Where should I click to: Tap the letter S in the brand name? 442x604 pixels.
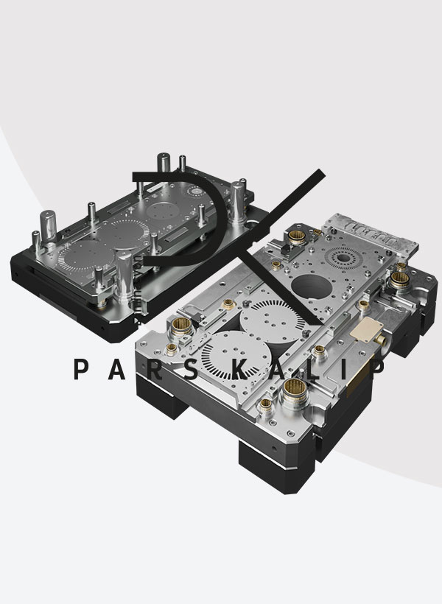[192, 369]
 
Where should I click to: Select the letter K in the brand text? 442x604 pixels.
[239, 369]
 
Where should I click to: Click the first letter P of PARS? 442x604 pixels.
[81, 369]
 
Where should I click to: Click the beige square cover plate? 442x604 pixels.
[366, 329]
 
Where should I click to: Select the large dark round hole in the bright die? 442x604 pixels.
[312, 287]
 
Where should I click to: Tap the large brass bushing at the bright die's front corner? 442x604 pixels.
[295, 390]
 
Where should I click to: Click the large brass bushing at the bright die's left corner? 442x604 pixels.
[181, 327]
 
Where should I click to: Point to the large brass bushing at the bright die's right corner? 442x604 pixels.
[399, 280]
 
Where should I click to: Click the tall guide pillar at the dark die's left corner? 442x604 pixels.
[48, 226]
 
